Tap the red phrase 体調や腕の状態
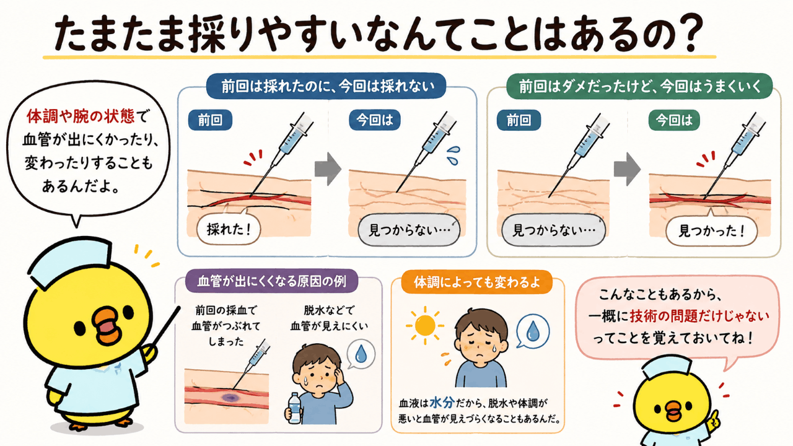(x=81, y=116)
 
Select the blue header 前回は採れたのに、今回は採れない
(x=326, y=85)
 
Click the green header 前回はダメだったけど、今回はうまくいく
(x=639, y=86)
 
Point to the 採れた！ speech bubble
(x=229, y=229)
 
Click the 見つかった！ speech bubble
(x=711, y=231)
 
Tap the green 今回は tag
(x=674, y=120)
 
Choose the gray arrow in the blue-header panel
(x=328, y=169)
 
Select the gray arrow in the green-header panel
(x=627, y=169)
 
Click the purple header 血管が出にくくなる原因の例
(x=271, y=281)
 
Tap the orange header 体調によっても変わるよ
(x=476, y=282)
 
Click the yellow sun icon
(x=425, y=325)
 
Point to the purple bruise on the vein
(x=230, y=397)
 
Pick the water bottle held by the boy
(x=294, y=408)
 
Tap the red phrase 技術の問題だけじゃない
(x=699, y=316)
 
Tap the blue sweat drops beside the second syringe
(x=453, y=155)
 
